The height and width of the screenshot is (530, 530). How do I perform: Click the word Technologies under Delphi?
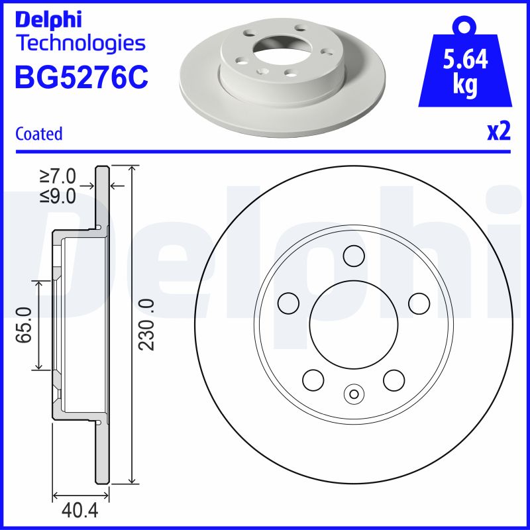coord(79,44)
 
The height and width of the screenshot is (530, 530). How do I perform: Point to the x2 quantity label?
coord(498,132)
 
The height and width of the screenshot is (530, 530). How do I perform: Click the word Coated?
coord(38,134)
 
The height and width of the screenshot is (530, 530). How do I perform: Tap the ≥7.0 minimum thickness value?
coord(58,176)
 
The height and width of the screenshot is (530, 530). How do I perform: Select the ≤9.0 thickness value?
coord(58,195)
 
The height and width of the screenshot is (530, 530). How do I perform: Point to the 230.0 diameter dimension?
coord(146,325)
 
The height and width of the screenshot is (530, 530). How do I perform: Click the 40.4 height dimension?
coord(76,512)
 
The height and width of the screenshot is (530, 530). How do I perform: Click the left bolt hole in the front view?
coord(289,303)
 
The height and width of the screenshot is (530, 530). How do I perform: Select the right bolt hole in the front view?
coord(419,303)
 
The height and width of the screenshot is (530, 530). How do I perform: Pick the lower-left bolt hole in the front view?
coord(313,380)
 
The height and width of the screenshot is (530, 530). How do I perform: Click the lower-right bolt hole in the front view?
coord(394,380)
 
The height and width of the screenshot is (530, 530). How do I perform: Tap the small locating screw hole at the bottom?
coord(354,395)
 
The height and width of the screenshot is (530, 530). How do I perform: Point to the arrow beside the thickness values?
coord(117,185)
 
